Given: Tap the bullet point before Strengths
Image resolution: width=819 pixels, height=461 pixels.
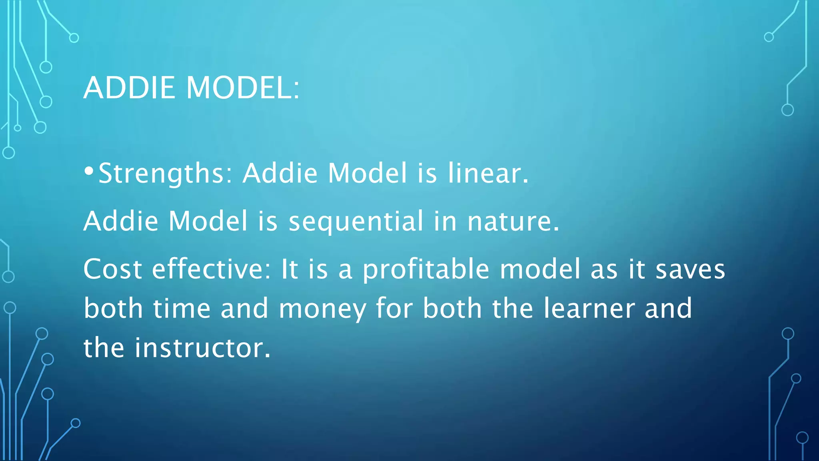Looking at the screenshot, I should tap(89, 172).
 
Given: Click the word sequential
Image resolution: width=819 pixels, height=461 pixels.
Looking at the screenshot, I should tap(356, 221).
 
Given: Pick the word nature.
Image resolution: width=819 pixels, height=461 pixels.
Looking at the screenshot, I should tap(513, 221).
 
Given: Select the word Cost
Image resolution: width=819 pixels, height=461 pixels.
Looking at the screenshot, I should tap(113, 269).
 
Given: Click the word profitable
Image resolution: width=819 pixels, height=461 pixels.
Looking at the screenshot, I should tap(425, 269).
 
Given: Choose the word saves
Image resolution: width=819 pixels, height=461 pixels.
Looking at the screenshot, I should tap(690, 269).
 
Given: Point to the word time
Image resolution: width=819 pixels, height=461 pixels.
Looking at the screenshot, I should tap(182, 308).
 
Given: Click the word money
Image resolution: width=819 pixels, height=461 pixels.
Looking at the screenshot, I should tap(322, 309).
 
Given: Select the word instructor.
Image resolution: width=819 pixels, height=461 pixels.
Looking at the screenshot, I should tap(203, 347).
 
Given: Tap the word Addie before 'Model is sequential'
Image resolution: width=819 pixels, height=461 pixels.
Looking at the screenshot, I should tap(121, 221).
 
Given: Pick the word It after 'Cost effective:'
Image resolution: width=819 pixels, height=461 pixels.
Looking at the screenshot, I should tap(290, 269).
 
